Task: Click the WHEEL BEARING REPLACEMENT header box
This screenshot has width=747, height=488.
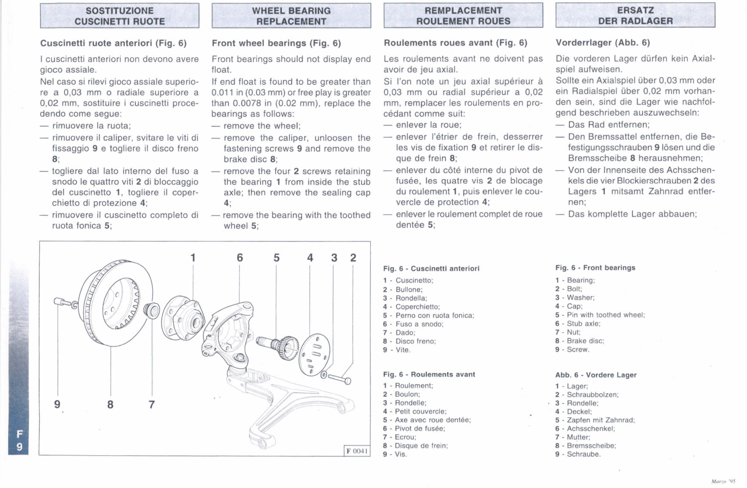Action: (x=291, y=16)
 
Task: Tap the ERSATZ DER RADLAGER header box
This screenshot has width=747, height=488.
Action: (x=635, y=15)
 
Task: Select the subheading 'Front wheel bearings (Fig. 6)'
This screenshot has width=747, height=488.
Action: (x=276, y=43)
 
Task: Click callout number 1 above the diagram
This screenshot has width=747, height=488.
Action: (x=193, y=258)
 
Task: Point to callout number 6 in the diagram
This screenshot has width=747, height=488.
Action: (x=240, y=258)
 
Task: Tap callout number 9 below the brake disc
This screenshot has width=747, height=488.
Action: (x=57, y=404)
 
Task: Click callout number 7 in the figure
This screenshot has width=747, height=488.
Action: (x=152, y=404)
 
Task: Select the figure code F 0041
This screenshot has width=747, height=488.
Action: (x=357, y=451)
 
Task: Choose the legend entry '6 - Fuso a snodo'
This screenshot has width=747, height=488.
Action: (x=413, y=324)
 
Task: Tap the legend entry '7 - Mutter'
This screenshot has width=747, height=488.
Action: (x=573, y=437)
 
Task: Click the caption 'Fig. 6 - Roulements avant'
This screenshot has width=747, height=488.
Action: (x=429, y=374)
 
